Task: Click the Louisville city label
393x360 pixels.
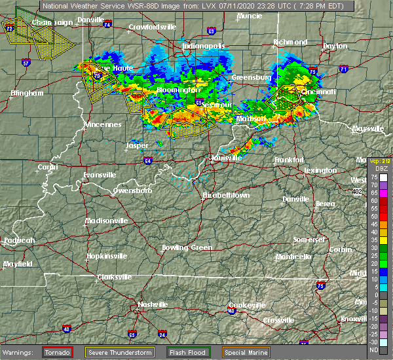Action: [x=227, y=158]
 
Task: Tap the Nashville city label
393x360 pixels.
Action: [x=153, y=304]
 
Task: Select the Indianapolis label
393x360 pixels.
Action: [x=204, y=46]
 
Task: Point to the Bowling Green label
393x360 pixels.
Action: [x=187, y=247]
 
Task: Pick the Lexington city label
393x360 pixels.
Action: [x=320, y=170]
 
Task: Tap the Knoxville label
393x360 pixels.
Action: [x=358, y=319]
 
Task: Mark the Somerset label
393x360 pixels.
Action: [x=310, y=240]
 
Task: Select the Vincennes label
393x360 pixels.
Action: [x=102, y=124]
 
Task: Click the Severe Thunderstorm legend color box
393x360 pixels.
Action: [x=109, y=353]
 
